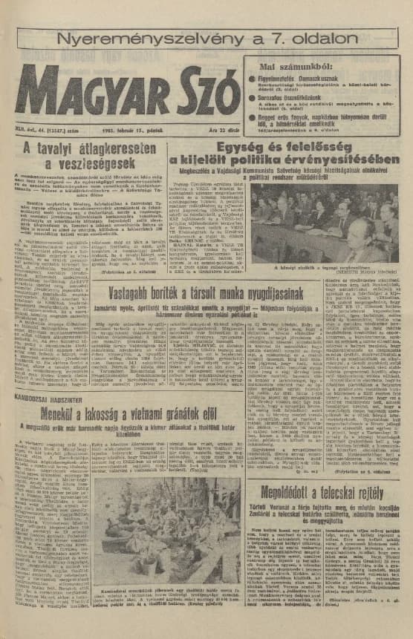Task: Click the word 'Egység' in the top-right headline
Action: click(212, 147)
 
